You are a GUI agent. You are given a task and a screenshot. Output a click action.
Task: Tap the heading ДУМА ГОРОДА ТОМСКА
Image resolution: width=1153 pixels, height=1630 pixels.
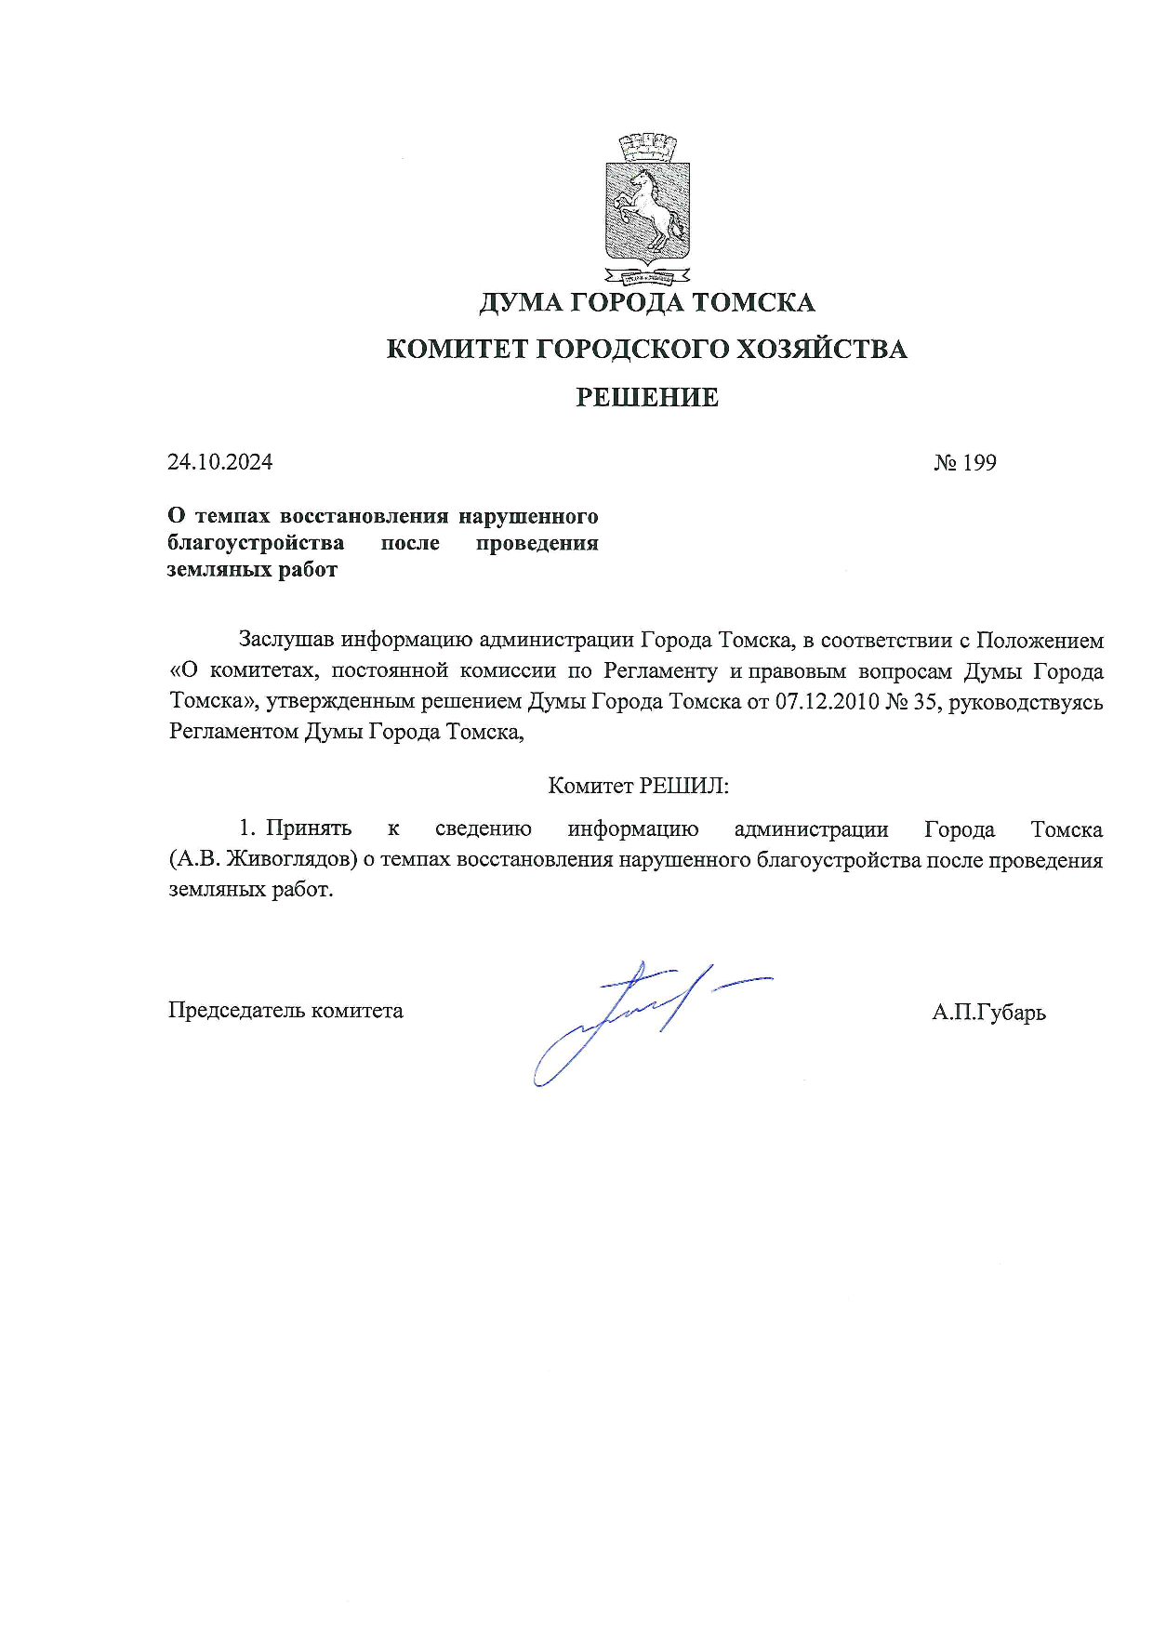click(x=647, y=302)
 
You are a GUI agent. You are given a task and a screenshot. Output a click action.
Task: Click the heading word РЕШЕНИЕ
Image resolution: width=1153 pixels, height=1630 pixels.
click(x=647, y=398)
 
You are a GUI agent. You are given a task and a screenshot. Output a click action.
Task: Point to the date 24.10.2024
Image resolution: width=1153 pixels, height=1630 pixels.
click(x=219, y=462)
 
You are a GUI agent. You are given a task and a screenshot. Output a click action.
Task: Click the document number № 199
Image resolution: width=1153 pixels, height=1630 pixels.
click(x=965, y=462)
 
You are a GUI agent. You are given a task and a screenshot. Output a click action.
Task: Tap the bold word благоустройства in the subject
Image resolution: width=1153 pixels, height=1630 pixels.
click(x=256, y=543)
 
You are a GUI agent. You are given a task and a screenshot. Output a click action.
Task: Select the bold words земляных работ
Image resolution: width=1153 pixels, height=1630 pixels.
click(x=252, y=570)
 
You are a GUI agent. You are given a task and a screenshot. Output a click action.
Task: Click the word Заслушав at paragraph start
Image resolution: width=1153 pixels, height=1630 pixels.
click(x=286, y=640)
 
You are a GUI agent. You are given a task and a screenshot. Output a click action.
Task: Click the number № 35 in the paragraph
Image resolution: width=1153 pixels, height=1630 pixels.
click(x=910, y=701)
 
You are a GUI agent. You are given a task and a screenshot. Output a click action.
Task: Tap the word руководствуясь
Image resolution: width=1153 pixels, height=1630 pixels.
click(x=1026, y=701)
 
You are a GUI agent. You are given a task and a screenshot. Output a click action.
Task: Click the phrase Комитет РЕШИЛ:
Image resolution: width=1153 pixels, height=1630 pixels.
click(x=638, y=786)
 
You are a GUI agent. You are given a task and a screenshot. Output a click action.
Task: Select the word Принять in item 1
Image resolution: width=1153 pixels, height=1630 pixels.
click(x=309, y=828)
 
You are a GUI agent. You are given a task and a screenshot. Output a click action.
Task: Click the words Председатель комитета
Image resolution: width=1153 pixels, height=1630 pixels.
click(x=285, y=1011)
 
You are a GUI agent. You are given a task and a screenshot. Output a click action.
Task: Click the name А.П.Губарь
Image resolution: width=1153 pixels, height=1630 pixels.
click(x=988, y=1013)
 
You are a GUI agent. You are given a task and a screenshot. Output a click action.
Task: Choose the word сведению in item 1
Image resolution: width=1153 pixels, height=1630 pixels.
click(x=483, y=828)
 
